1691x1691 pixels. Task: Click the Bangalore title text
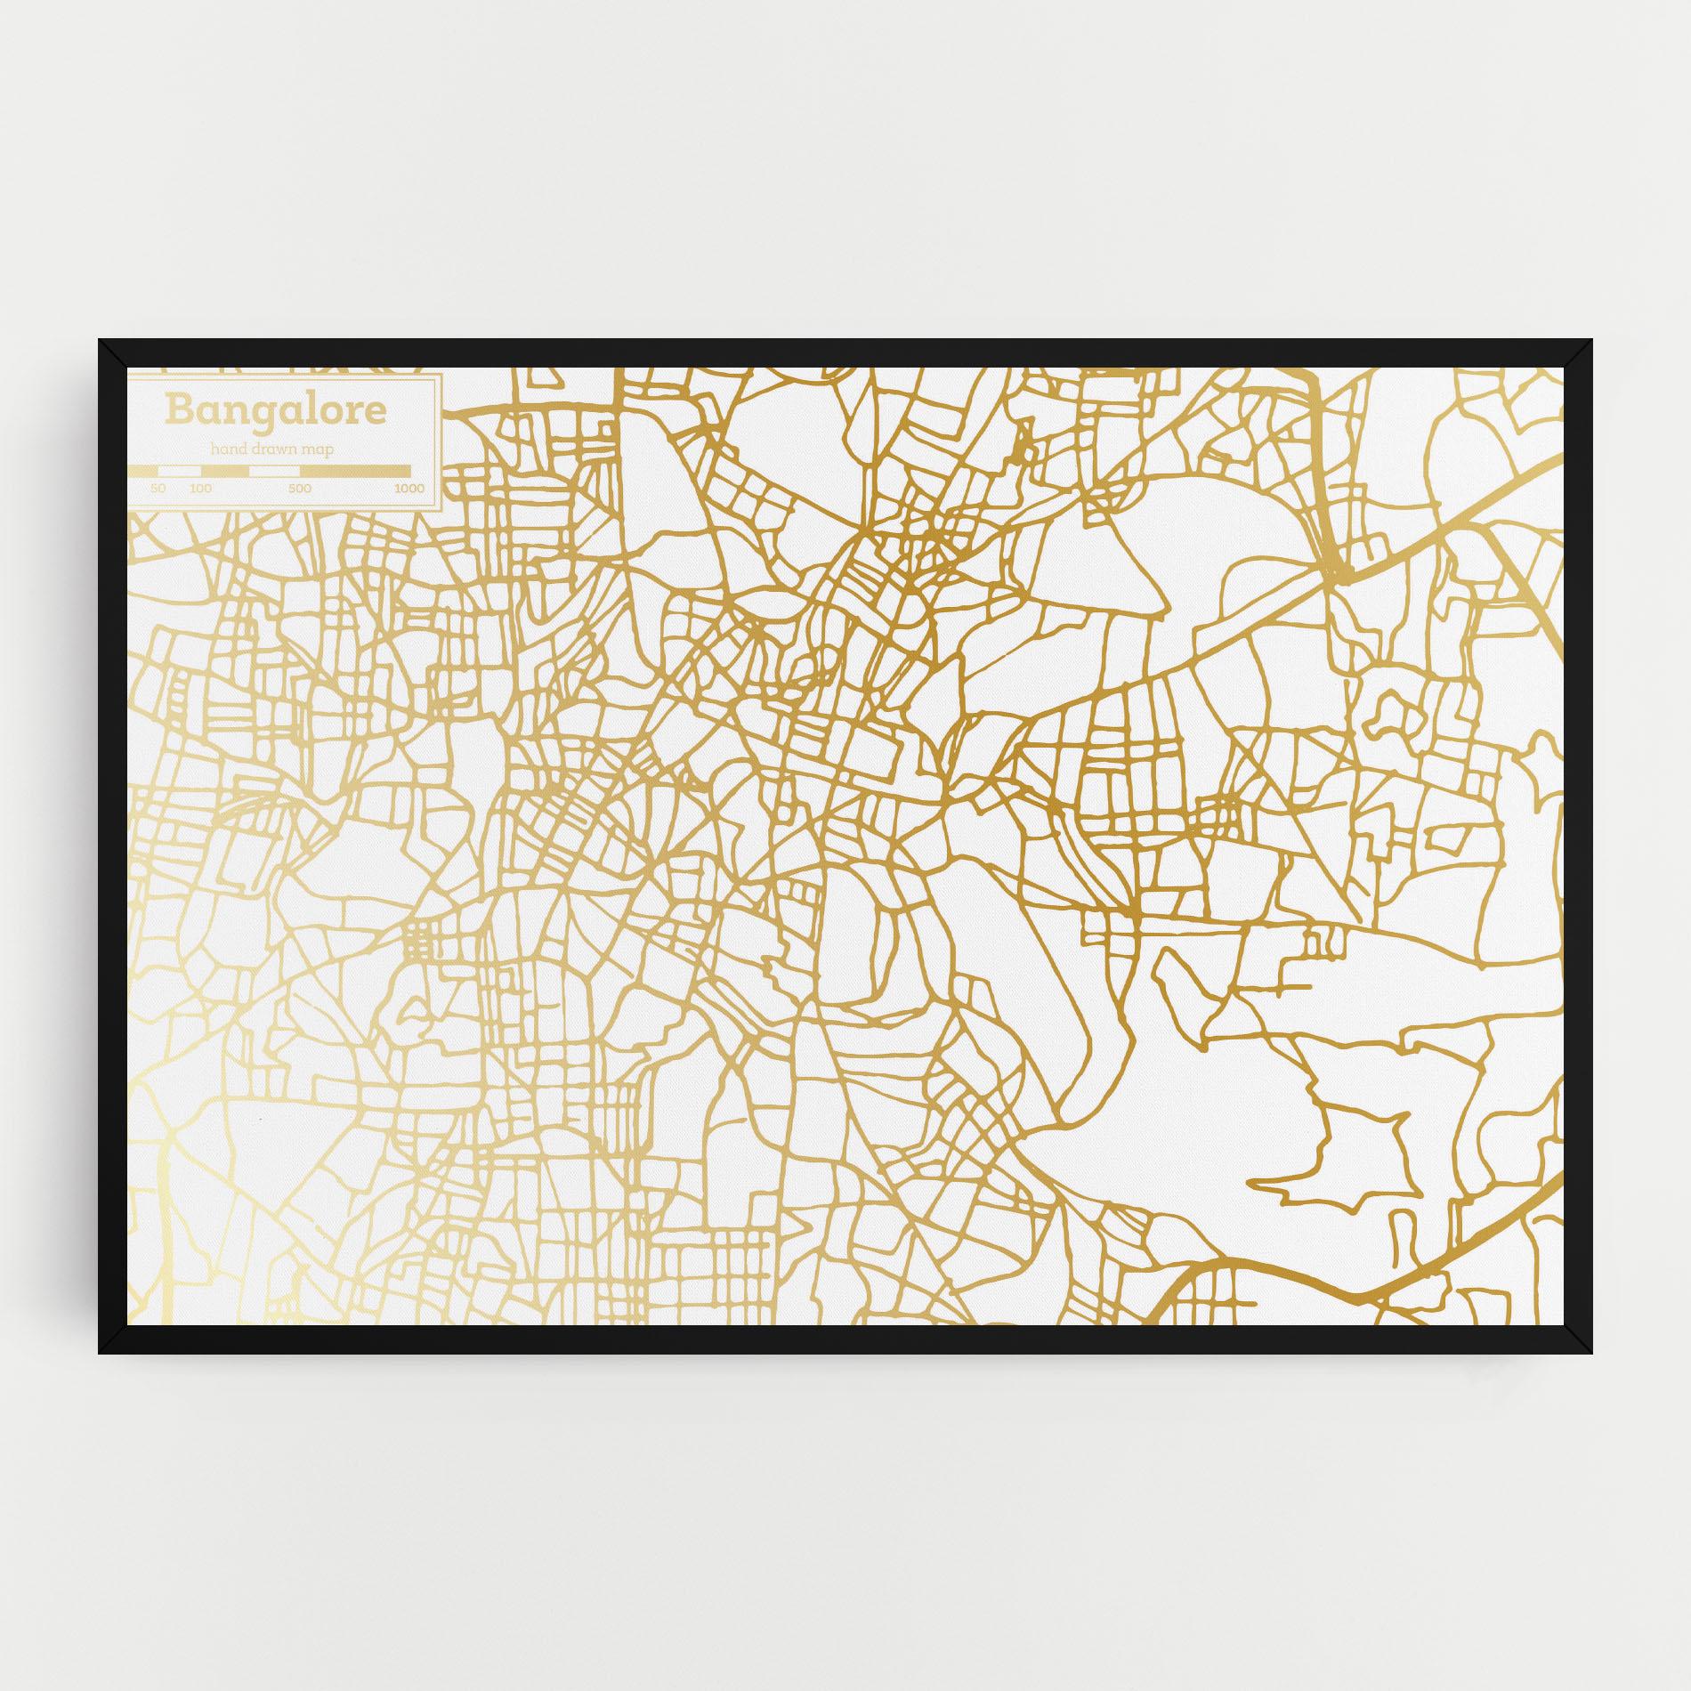[275, 410]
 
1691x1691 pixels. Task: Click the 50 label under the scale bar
[158, 489]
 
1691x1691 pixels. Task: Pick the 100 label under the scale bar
[200, 489]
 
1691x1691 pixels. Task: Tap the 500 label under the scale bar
[299, 489]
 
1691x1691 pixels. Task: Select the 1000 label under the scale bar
[409, 489]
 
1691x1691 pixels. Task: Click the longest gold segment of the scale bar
[355, 471]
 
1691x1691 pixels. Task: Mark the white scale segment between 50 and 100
[179, 471]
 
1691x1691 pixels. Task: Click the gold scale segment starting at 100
[225, 471]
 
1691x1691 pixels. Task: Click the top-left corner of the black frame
[100, 340]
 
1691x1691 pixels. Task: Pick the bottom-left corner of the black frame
[100, 1354]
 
